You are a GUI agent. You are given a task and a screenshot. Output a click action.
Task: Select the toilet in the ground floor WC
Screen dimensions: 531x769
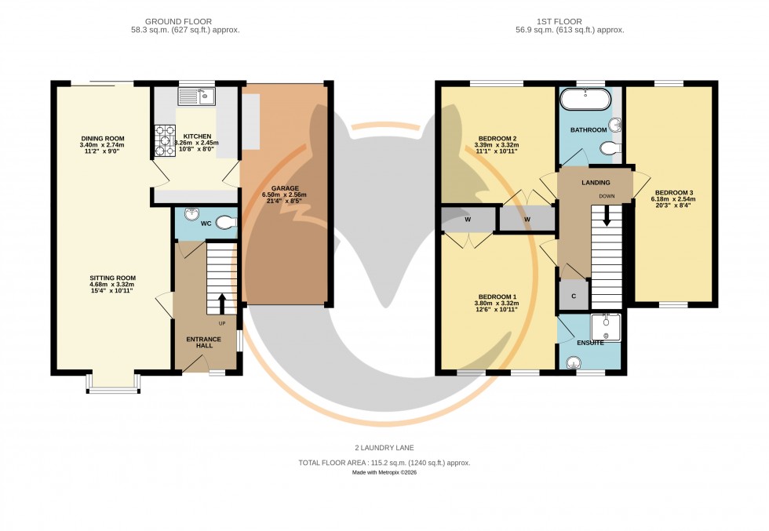point(225,223)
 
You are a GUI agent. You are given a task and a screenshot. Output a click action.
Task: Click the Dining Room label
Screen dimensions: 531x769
point(102,139)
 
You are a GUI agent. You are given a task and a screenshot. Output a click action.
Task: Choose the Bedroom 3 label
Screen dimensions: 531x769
point(675,192)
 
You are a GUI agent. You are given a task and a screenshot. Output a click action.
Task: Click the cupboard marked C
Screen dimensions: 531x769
point(574,296)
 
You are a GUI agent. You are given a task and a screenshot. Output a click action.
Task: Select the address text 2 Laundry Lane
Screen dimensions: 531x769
point(384,447)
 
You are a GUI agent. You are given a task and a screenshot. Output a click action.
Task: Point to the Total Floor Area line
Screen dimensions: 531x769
point(384,463)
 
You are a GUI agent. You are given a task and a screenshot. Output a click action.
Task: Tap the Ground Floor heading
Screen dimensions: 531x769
point(185,21)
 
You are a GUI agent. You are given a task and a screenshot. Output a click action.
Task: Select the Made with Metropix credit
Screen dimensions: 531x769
point(384,474)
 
